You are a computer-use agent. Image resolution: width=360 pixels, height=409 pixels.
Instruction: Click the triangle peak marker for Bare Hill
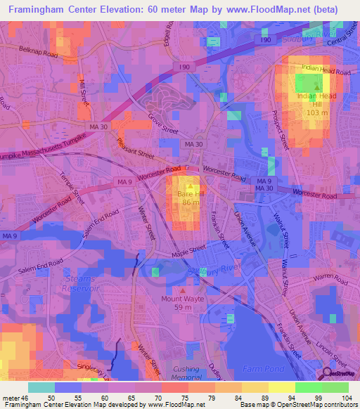click(188, 186)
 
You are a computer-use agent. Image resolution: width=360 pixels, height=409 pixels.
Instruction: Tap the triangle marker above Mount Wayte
click(184, 290)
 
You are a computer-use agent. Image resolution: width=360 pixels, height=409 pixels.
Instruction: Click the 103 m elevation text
click(318, 113)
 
